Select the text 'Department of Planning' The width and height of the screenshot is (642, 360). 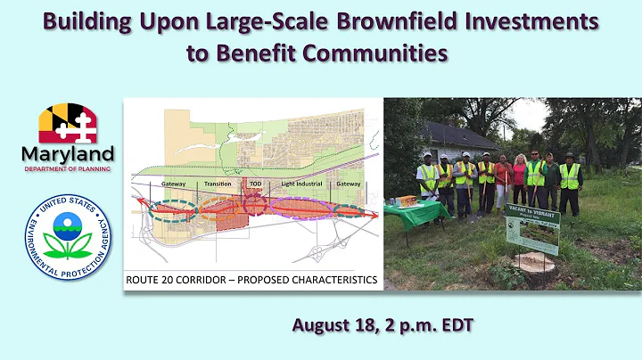[67, 168]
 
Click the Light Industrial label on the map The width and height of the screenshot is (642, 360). [300, 184]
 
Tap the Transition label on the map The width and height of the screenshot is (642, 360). [218, 184]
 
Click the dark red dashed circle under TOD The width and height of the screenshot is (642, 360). [257, 206]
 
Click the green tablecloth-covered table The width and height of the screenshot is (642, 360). [416, 212]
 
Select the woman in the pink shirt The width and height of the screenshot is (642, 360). [519, 181]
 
